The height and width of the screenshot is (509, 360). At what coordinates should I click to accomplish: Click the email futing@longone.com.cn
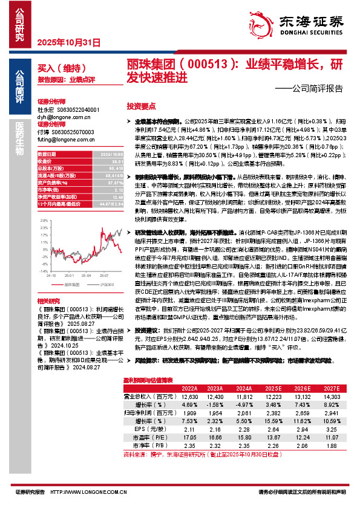pyautogui.click(x=62, y=138)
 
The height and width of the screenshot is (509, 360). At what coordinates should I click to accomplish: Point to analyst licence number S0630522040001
pyautogui.click(x=77, y=110)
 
